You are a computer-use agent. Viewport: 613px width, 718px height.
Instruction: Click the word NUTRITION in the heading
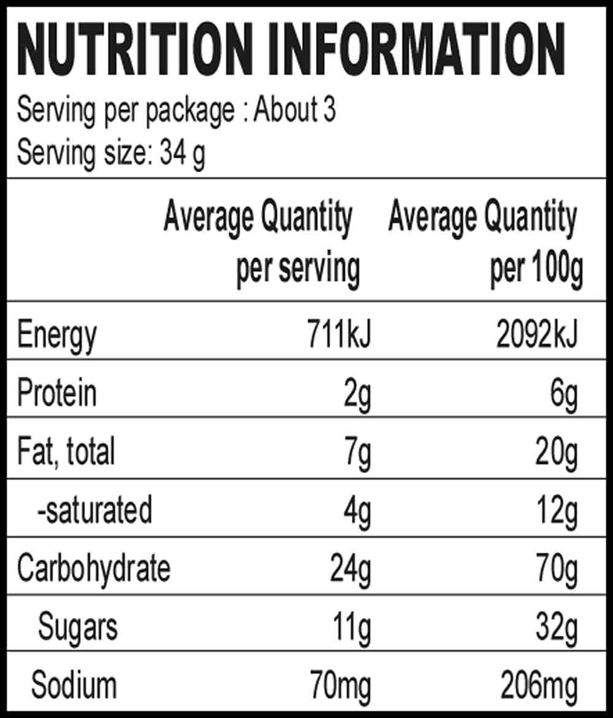(134, 50)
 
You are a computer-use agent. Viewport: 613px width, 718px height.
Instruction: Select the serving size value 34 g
(182, 154)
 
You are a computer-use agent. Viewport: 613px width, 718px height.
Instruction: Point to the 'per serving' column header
(298, 269)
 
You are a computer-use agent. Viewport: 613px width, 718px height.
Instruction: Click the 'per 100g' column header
(536, 269)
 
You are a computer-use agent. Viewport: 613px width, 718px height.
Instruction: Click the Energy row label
(56, 336)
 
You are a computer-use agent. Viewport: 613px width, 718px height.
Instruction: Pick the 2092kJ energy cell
(537, 336)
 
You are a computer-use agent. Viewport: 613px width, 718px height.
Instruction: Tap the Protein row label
(56, 394)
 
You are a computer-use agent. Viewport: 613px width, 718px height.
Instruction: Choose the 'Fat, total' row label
(66, 452)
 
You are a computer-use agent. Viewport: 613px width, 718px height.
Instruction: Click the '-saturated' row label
(94, 510)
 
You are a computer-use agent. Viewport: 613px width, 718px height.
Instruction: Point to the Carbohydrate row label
(93, 569)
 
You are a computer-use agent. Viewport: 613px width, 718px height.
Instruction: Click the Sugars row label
(77, 627)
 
